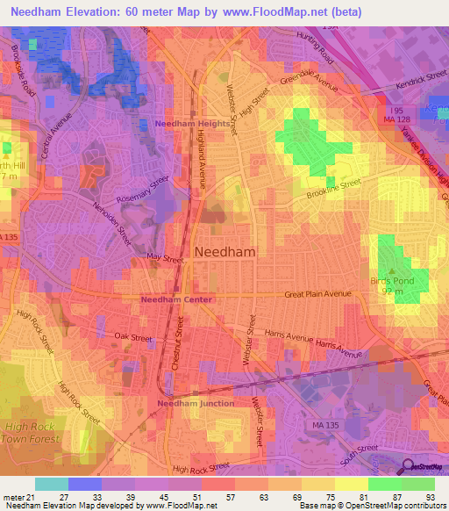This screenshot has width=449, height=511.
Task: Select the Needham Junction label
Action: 195,403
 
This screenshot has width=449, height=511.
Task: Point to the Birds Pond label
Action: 391,282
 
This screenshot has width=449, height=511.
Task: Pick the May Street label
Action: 167,259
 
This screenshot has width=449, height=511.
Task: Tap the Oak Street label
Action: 133,337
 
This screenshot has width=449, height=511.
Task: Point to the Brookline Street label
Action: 333,186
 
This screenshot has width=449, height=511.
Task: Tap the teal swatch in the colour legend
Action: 51,484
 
